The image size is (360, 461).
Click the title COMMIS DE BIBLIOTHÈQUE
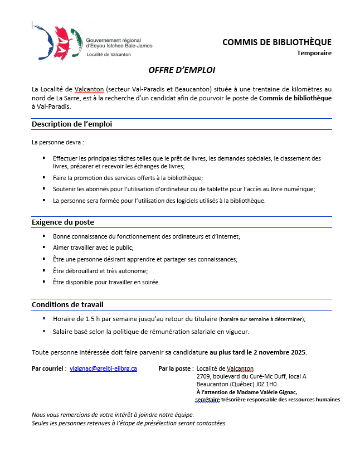click(276, 42)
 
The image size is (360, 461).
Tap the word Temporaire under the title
click(314, 54)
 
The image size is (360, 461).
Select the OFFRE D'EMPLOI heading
click(182, 71)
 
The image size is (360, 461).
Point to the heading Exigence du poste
click(63, 222)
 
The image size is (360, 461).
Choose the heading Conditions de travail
click(67, 304)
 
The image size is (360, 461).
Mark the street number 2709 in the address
click(203, 376)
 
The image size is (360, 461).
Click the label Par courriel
click(48, 368)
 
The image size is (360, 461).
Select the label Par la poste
click(176, 368)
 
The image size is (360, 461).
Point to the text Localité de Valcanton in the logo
click(109, 54)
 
